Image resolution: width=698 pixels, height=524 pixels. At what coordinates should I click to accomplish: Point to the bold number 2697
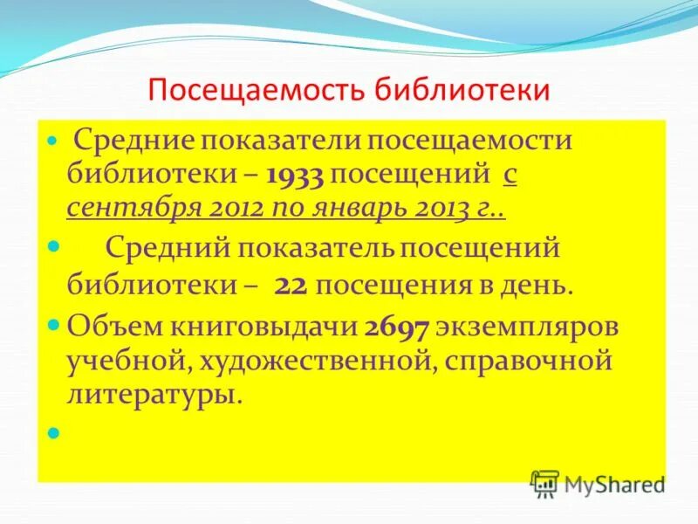click(x=396, y=327)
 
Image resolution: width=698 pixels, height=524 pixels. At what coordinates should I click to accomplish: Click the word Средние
click(x=133, y=141)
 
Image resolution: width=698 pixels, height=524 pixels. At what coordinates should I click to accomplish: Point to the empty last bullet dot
click(x=53, y=432)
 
